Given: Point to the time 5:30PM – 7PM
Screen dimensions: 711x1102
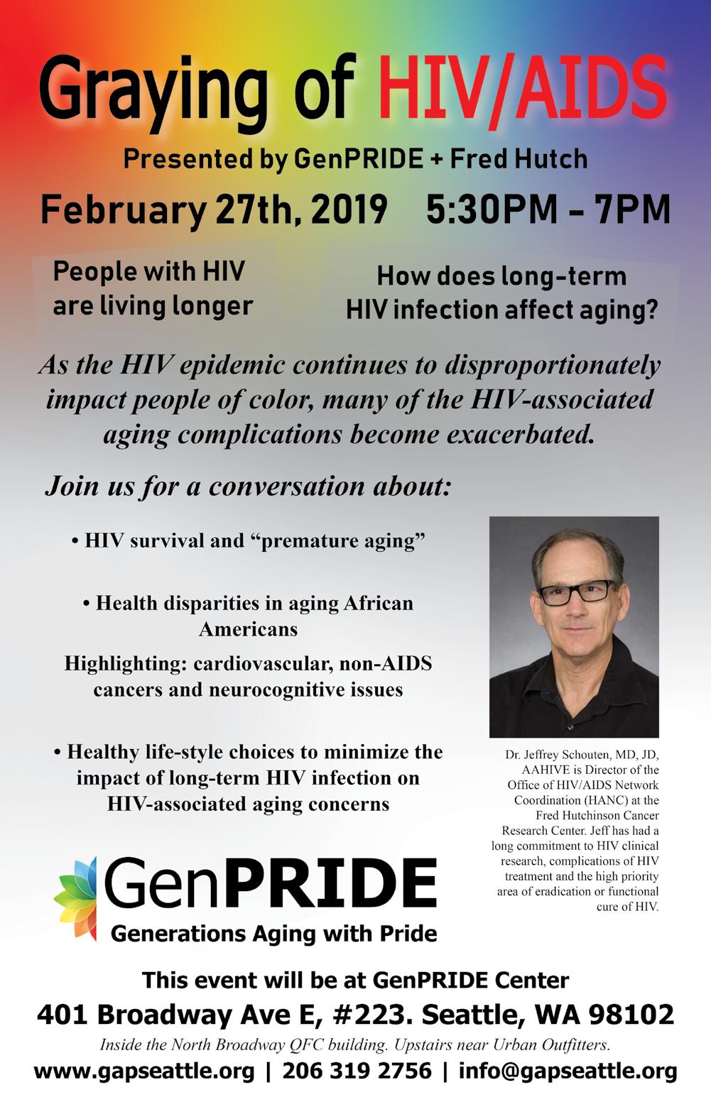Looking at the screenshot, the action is [x=548, y=209].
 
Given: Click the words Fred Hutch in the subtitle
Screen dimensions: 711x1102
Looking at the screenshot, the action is [x=519, y=159].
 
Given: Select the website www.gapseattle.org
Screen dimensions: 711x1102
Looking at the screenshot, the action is [x=144, y=1071].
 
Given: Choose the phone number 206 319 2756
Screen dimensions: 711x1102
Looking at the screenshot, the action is [x=357, y=1071].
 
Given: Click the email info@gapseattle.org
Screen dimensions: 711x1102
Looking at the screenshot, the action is [x=568, y=1071].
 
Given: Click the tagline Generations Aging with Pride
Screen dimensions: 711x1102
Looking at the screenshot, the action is [x=273, y=933].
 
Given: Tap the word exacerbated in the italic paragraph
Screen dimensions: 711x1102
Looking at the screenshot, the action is [x=521, y=435].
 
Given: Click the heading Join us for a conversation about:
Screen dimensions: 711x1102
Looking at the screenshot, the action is [x=248, y=486].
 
